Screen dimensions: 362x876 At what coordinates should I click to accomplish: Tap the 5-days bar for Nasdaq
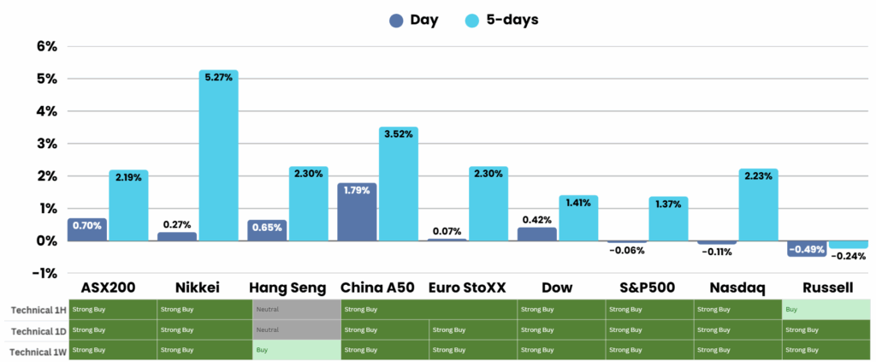coord(759,205)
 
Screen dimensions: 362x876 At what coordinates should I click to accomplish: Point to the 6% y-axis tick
coord(45,46)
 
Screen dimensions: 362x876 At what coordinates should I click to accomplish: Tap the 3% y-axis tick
coord(45,144)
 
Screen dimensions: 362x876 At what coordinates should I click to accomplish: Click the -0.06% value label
coord(626,251)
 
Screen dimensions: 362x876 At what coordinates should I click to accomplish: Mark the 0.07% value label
coord(447,231)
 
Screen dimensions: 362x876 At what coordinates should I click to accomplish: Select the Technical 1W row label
coord(35,350)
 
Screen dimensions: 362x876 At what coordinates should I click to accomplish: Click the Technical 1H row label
coord(35,309)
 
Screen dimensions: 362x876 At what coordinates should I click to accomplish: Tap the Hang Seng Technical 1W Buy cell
coord(295,350)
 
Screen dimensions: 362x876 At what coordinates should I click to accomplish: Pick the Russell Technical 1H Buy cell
coord(826,309)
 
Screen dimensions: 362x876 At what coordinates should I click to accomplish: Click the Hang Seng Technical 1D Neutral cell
coord(295,329)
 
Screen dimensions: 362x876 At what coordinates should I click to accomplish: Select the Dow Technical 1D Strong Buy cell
coord(560,329)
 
